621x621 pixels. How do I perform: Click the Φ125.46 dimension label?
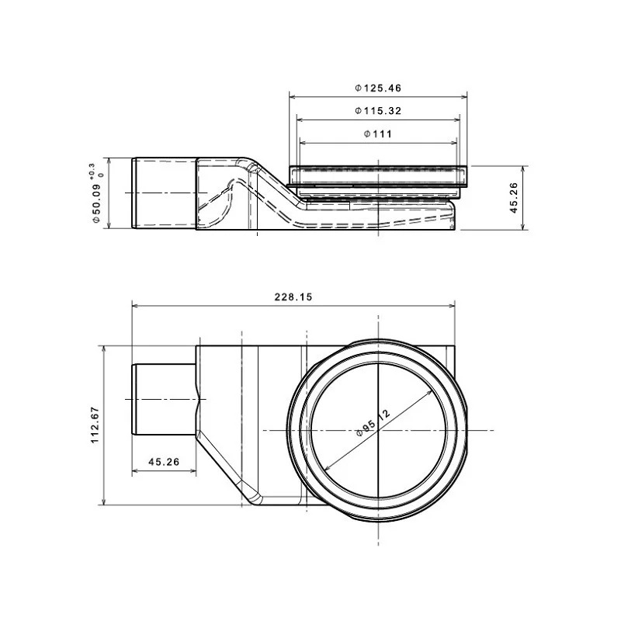378,88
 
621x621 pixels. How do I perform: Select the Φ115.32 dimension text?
378,111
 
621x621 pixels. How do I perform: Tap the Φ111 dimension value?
378,134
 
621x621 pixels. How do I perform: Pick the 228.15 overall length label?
293,297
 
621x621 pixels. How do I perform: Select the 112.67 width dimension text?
95,425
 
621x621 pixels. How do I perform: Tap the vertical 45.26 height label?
514,198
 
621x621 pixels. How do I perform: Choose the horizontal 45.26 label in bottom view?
164,462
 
